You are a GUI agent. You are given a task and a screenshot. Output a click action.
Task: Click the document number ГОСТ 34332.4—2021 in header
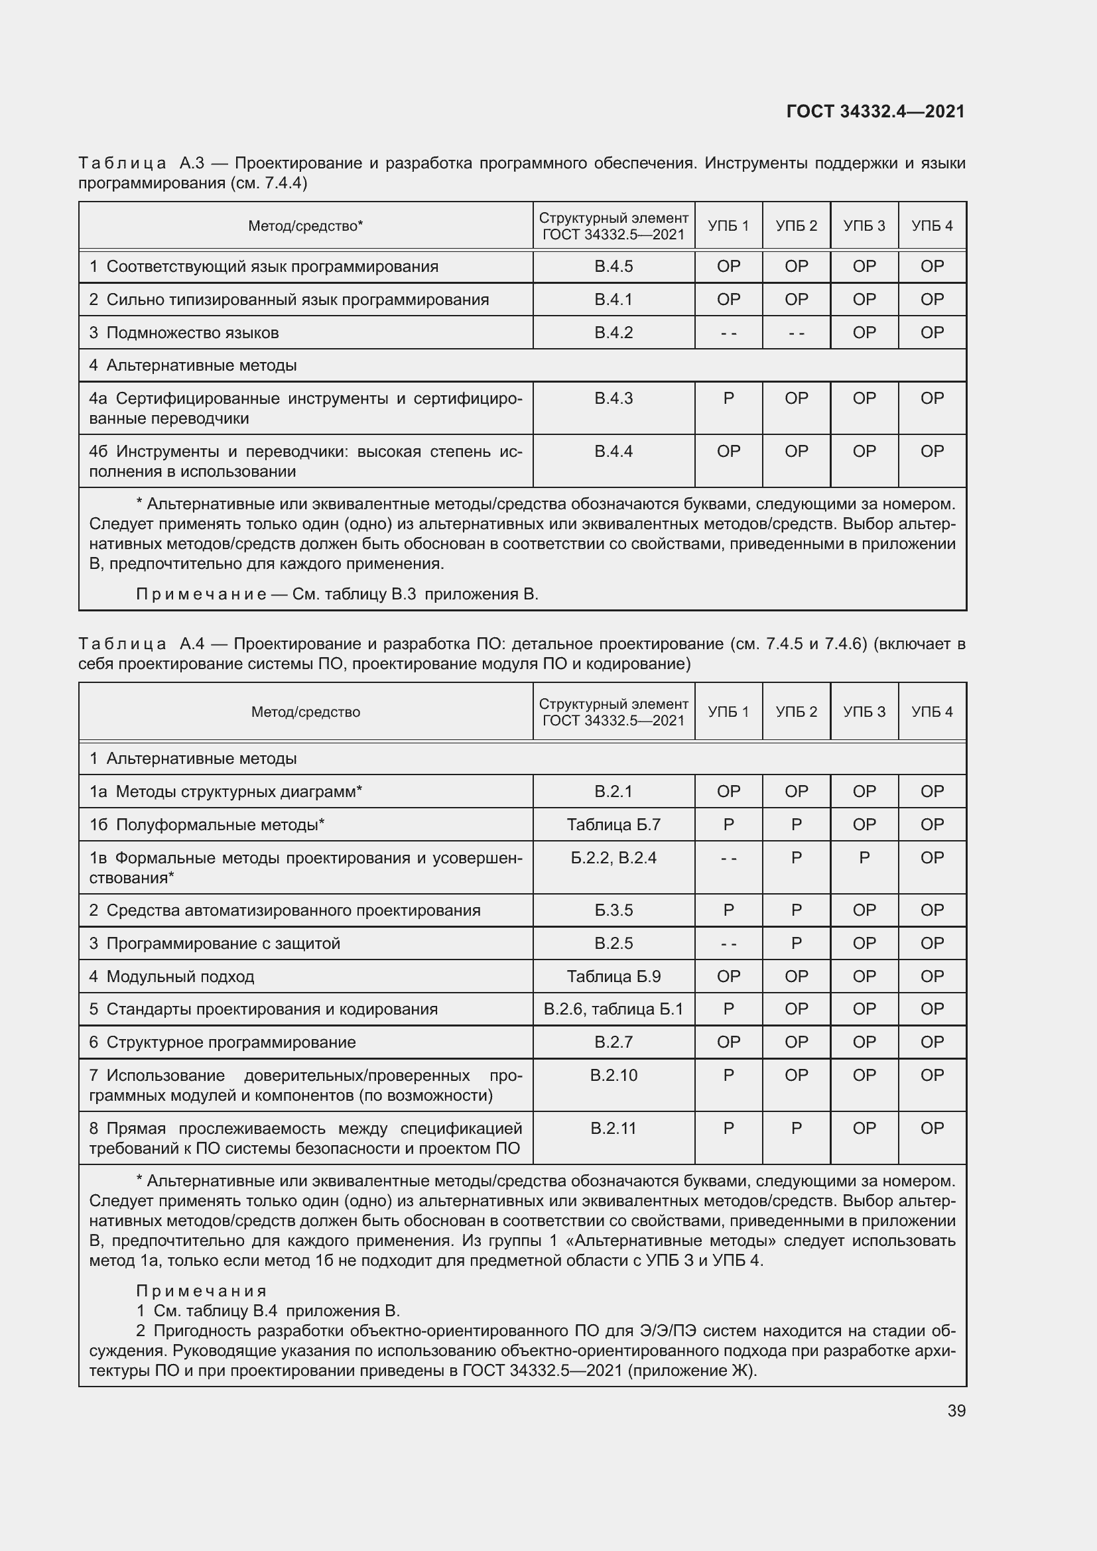(x=875, y=111)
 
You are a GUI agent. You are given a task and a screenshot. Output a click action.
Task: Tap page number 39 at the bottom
(x=956, y=1410)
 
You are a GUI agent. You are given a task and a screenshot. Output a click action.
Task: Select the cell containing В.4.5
(x=613, y=266)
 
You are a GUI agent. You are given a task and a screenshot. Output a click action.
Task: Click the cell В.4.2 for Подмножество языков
(x=613, y=332)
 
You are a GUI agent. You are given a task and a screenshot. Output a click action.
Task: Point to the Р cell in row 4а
(x=728, y=399)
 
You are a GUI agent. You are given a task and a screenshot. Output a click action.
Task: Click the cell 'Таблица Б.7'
(x=613, y=824)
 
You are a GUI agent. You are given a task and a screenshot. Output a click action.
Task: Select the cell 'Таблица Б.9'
(x=613, y=976)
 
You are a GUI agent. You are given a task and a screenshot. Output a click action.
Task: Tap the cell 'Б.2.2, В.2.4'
(x=613, y=858)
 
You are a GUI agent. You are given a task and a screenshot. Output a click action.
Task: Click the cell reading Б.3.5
(x=613, y=910)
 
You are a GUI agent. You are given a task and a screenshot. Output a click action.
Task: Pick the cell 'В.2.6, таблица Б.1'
(x=613, y=1009)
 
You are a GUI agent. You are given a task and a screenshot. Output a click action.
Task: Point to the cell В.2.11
(x=613, y=1128)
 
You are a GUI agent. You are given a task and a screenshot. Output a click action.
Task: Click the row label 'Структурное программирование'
(x=230, y=1042)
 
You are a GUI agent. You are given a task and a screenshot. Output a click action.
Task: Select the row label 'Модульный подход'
(x=180, y=976)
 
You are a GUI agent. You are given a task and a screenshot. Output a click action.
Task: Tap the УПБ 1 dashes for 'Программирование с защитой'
(x=728, y=943)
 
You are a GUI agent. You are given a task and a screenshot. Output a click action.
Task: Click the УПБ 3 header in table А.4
(x=864, y=712)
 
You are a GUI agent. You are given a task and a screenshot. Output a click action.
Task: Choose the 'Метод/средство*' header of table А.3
(x=305, y=225)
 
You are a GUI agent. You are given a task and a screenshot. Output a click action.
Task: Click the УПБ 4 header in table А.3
(x=931, y=225)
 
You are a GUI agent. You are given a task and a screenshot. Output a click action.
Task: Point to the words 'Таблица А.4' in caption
(x=141, y=644)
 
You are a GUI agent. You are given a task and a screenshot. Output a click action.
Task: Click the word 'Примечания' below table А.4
(x=202, y=1291)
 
